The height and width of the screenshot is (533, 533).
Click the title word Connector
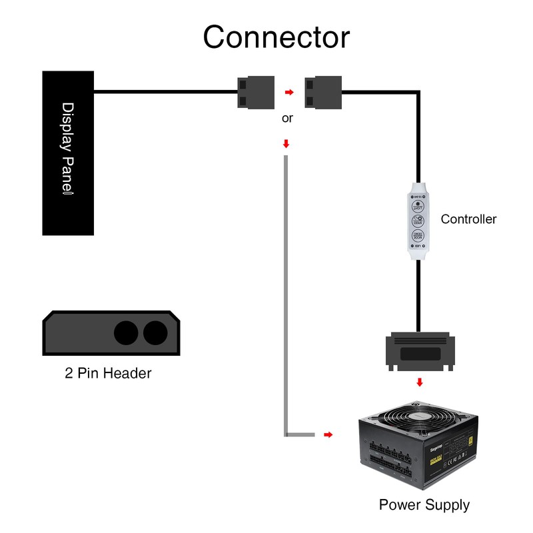pos(276,37)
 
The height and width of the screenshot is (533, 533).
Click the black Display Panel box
pos(69,153)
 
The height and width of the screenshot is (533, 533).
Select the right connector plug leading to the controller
pos(322,93)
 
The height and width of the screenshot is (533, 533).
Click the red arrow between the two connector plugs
pos(288,93)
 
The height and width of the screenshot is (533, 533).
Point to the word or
pos(287,119)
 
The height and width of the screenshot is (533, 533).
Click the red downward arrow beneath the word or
pos(286,143)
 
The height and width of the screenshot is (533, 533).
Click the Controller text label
pos(468,219)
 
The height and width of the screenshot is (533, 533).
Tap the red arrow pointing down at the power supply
pos(419,382)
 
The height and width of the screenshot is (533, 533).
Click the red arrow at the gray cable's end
pos(328,435)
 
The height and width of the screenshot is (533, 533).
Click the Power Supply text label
pos(424,505)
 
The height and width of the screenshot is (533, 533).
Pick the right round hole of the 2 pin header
pos(155,332)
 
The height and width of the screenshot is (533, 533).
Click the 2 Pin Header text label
pos(108,373)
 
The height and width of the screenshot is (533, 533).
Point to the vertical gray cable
pos(286,293)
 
